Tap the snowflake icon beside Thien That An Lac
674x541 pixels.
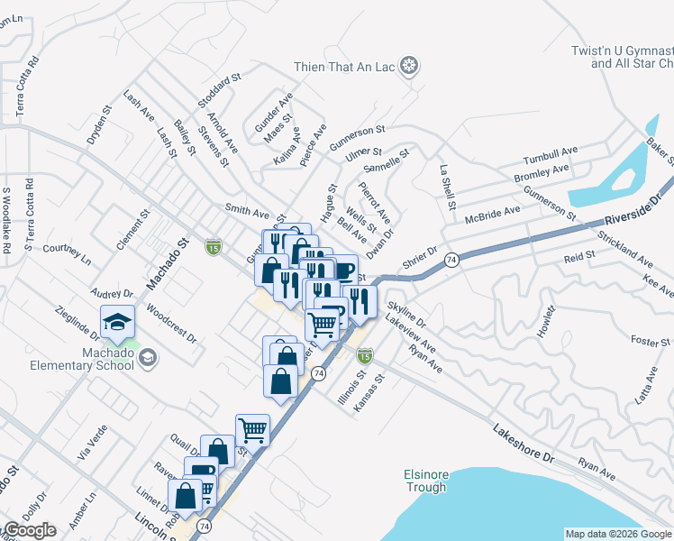(x=410, y=66)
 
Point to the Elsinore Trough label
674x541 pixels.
(x=425, y=481)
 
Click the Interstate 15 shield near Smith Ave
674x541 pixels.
(x=213, y=245)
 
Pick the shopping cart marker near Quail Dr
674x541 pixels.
(x=252, y=429)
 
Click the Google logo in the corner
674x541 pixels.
(x=29, y=530)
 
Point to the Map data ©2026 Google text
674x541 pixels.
(x=618, y=534)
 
